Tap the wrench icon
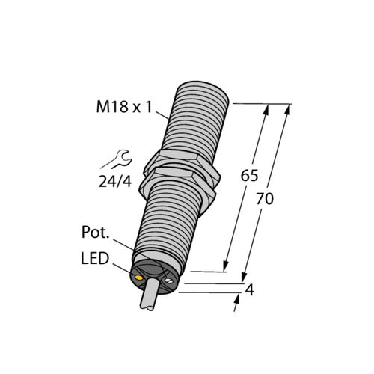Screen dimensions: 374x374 coord(120,158)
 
